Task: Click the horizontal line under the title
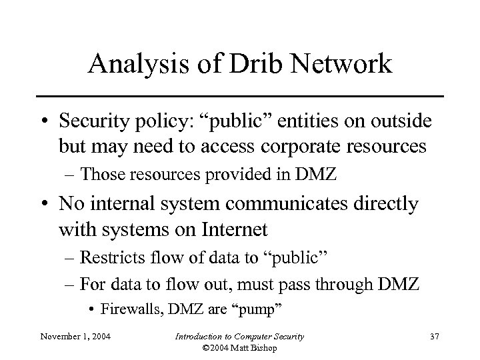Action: pyautogui.click(x=240, y=97)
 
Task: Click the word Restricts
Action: pyautogui.click(x=107, y=257)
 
